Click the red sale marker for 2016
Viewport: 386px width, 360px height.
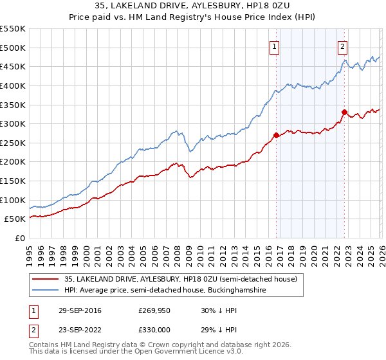click(277, 135)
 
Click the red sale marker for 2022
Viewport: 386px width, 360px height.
click(344, 112)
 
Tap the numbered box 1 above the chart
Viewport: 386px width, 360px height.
click(274, 46)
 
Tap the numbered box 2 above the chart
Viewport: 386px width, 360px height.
click(342, 46)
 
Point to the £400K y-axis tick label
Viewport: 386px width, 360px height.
click(13, 85)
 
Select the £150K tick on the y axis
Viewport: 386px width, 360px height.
click(13, 181)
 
